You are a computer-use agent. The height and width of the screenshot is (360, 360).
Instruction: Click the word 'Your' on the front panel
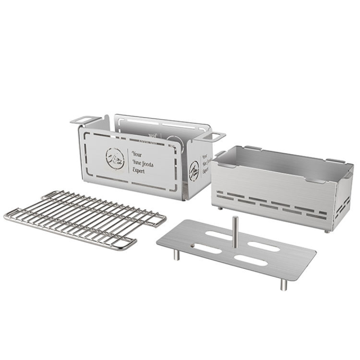click(137, 152)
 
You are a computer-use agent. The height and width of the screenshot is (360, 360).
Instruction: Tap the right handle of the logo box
click(216, 136)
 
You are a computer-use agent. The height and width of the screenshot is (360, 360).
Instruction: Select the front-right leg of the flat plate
click(283, 283)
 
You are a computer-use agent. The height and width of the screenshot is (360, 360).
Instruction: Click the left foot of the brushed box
click(219, 208)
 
